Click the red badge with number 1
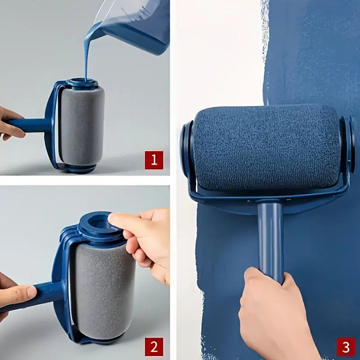coord(154,159)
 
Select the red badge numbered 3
coord(345,346)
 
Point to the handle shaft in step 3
coord(270,237)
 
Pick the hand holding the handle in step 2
coord(15,293)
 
